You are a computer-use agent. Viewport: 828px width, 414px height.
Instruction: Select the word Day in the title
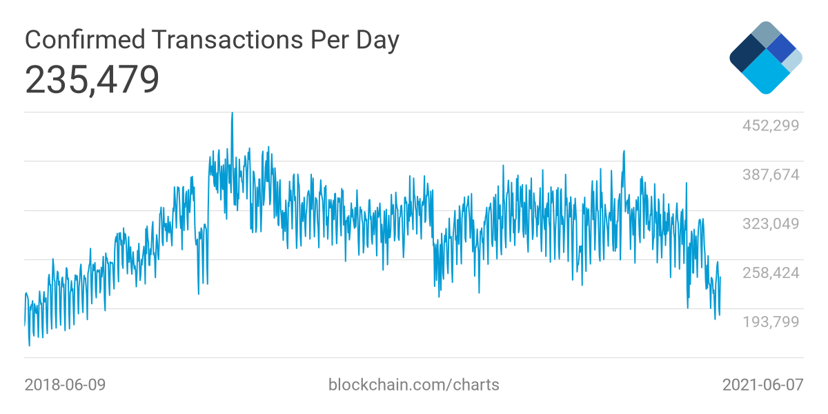coord(377,40)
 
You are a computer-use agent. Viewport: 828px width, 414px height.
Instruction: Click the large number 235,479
coord(92,80)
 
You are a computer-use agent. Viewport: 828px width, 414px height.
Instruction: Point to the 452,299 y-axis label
coord(770,126)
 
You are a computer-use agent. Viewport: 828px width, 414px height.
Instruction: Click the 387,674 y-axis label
coord(770,175)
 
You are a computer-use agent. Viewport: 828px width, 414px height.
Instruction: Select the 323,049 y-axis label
coord(770,224)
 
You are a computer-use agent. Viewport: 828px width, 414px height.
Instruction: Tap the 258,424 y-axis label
coord(770,273)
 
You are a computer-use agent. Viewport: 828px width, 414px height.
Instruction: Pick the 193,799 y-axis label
coord(770,322)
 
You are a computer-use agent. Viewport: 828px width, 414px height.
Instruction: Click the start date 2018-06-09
coord(65,384)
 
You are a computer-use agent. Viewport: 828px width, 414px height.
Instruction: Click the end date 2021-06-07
coord(762,384)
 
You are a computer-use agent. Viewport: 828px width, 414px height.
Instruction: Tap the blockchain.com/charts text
coord(413,384)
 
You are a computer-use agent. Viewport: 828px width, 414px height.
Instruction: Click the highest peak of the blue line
coord(232,113)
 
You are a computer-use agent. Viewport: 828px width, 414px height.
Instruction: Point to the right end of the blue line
coord(720,277)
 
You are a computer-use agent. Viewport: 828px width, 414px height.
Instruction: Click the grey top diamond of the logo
coord(765,34)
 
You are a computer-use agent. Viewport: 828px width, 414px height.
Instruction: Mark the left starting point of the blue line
coord(25,324)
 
